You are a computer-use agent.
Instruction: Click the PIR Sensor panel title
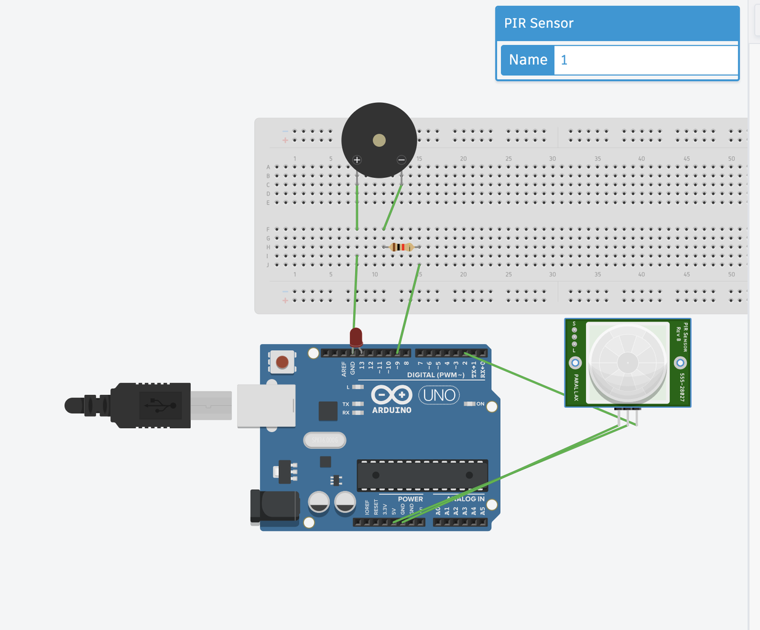coord(538,23)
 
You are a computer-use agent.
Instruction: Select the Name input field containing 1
coord(645,60)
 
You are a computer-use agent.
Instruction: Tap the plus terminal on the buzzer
coord(357,160)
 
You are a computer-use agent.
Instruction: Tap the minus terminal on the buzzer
coord(401,160)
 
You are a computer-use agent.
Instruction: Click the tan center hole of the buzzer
coord(379,140)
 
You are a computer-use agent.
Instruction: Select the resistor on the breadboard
coord(402,247)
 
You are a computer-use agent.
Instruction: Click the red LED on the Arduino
coord(356,338)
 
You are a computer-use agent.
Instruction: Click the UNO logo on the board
coord(439,395)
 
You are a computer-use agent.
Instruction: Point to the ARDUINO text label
coord(391,410)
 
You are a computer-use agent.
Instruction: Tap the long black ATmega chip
coord(422,475)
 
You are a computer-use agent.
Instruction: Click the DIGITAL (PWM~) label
coord(436,375)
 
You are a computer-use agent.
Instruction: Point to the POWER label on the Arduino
coord(410,499)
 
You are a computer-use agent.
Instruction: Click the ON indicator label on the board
coord(480,404)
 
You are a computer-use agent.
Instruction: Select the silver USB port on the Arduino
coord(266,405)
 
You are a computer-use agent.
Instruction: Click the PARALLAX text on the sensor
coord(576,387)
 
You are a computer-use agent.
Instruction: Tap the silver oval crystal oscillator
coord(324,440)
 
